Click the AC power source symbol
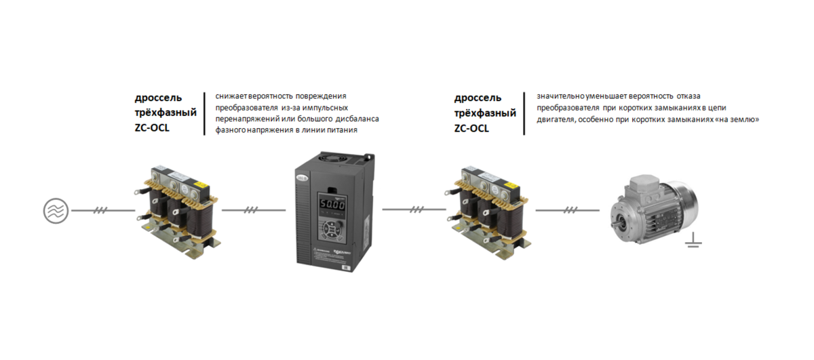pos(56,211)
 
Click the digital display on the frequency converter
pos(332,205)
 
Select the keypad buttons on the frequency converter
pos(332,229)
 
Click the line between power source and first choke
pos(103,210)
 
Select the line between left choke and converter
pos(254,210)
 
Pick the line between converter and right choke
pos(414,209)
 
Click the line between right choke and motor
pos(567,210)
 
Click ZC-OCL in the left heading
pos(152,128)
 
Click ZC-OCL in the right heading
pos(471,128)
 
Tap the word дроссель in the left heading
pos(158,98)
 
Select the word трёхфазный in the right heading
pos(485,113)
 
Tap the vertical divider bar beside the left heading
pos(205,114)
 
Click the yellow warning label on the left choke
pos(201,185)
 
